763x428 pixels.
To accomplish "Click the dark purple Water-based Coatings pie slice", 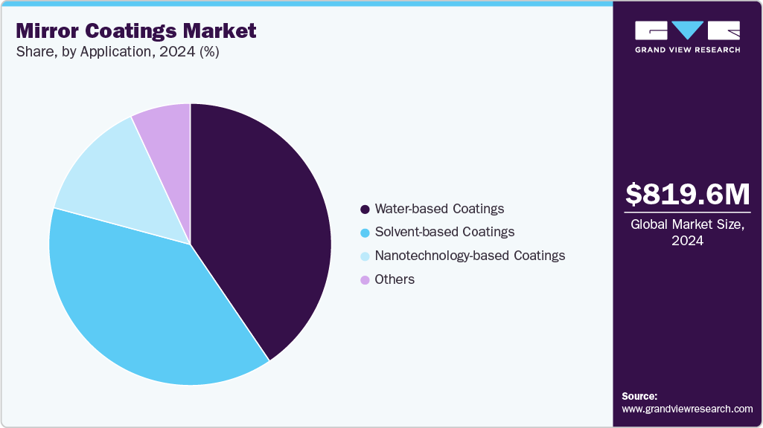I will click(261, 223).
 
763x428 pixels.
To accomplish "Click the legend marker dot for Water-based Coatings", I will click(365, 209).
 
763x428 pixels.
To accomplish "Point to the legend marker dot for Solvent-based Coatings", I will click(365, 233).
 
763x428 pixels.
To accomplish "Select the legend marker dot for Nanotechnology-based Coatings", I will click(365, 256).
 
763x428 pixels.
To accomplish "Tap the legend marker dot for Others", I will click(365, 280).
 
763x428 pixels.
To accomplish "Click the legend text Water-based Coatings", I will click(439, 209).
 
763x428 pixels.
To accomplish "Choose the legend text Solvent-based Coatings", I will click(444, 232).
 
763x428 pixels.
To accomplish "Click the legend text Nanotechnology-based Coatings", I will click(470, 256).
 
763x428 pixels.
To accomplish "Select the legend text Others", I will click(395, 279).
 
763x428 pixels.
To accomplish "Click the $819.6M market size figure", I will click(687, 194).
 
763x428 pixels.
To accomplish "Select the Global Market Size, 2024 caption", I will click(687, 232).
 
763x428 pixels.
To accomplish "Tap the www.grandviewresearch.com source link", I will click(687, 409).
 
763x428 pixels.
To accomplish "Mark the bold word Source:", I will click(639, 396).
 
